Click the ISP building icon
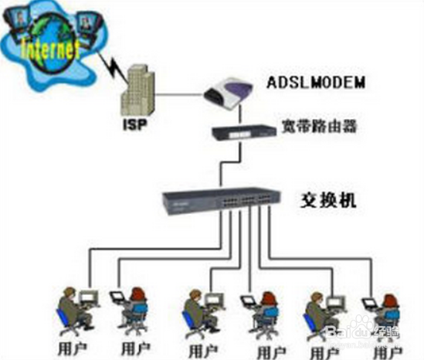point(137,90)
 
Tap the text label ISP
point(135,125)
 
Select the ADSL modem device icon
point(229,91)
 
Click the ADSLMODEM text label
point(316,82)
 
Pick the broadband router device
point(243,132)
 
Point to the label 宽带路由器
point(319,127)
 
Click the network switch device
point(221,201)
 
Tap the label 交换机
point(328,200)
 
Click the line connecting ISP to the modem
point(179,95)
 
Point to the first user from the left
point(77,311)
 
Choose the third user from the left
point(203,314)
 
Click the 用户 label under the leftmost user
point(72,348)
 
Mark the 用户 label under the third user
point(203,351)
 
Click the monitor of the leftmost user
point(89,297)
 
